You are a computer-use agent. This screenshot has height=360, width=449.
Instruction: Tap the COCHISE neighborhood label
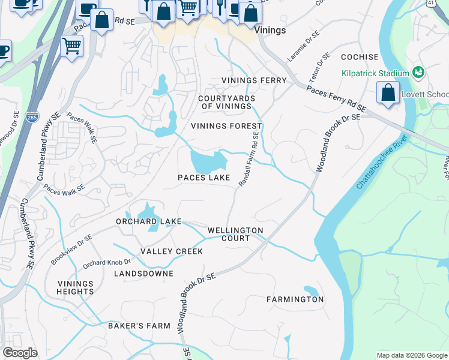point(360,58)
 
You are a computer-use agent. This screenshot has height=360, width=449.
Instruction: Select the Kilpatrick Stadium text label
point(375,73)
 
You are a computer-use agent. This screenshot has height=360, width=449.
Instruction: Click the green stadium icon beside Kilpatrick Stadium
point(419,73)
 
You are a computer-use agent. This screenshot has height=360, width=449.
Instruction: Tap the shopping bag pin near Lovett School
point(388,93)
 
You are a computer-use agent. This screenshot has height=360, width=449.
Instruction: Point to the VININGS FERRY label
point(254,80)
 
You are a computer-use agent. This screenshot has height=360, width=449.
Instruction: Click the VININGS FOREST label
point(226,126)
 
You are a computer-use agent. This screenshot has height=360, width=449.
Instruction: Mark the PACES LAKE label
point(204,178)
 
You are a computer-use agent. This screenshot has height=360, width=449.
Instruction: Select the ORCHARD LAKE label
point(148,221)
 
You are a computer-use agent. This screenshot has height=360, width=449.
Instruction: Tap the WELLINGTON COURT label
point(235,234)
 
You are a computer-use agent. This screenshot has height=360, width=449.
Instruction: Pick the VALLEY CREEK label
point(172,251)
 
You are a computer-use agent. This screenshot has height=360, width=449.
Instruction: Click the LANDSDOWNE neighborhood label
point(143,274)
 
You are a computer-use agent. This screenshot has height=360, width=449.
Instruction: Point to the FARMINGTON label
point(295,299)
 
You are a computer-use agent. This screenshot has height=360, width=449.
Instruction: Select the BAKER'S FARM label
point(139,326)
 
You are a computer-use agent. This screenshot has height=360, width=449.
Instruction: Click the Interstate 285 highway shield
point(32,117)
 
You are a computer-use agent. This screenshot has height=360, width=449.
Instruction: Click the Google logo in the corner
point(20,353)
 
